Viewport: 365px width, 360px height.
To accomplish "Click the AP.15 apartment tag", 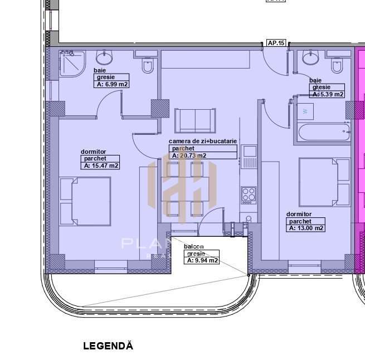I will (276, 43).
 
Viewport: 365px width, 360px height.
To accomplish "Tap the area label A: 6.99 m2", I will (113, 85).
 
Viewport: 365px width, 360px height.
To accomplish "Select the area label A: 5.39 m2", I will (328, 94).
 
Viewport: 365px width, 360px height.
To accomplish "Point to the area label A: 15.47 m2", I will (101, 166).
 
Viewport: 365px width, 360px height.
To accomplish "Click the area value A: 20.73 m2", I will (189, 155).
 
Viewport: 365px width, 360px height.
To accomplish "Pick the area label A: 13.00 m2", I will (306, 228).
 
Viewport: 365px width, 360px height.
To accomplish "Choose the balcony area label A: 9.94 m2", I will (202, 260).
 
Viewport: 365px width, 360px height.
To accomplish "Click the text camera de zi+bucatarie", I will (203, 142).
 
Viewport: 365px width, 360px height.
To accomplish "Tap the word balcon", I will (194, 246).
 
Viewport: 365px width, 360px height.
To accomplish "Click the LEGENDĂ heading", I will (108, 346).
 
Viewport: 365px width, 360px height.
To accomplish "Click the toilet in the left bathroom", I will (148, 66).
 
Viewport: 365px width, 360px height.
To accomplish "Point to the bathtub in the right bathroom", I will (323, 133).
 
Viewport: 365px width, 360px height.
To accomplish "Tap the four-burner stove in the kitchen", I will (249, 194).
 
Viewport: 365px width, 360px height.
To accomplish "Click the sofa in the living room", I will (195, 120).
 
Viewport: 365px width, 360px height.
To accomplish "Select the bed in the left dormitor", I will (85, 201).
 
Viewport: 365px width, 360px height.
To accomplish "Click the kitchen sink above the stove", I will (249, 151).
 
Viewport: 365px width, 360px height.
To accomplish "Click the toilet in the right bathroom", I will (337, 66).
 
